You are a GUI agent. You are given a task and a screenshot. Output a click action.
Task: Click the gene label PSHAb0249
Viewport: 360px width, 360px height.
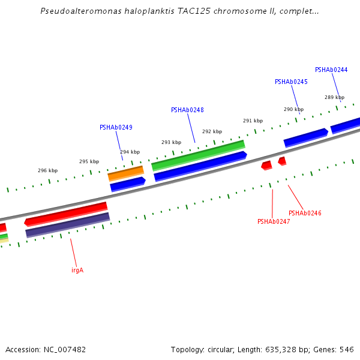pos(116,127)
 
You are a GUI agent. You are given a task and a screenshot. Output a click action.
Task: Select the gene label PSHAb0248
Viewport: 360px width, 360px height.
pos(187,110)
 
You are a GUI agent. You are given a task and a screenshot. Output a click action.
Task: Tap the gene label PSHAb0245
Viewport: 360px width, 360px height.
pos(291,82)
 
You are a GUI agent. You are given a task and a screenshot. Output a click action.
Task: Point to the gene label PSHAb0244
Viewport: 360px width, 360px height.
pos(331,70)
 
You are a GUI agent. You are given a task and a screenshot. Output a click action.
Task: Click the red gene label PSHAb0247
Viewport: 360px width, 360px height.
pos(274,221)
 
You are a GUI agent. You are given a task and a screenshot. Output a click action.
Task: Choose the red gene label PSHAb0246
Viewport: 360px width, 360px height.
pos(305,213)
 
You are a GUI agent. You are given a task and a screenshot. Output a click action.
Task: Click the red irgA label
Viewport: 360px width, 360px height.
pos(77,270)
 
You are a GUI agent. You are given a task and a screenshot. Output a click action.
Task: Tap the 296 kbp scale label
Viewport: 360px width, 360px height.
pos(48,170)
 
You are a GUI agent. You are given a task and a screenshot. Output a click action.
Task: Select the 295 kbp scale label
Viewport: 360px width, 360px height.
pos(89,161)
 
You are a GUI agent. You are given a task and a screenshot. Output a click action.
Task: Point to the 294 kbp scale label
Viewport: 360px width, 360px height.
pos(130,152)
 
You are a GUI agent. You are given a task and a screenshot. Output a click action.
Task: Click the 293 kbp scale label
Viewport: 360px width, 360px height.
pos(171,142)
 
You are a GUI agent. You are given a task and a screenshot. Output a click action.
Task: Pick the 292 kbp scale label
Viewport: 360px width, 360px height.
pos(212,131)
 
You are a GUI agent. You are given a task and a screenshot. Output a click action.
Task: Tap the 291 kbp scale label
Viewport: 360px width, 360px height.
pos(253,121)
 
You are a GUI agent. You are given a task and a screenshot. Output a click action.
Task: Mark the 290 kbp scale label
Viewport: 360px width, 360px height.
pos(293,109)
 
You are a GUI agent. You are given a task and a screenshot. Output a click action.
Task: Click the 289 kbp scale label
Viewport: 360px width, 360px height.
pos(334,97)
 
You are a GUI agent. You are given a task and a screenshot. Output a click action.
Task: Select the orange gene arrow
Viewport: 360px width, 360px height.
pos(126,173)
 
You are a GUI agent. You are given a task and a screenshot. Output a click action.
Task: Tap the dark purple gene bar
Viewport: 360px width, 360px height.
pos(67,225)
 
